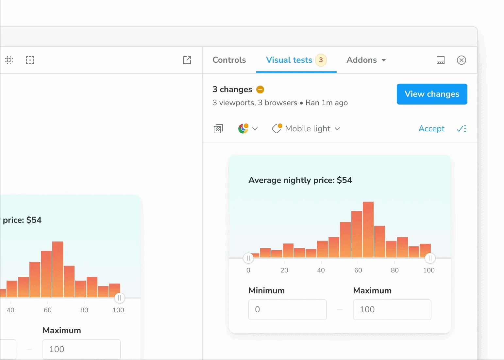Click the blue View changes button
[432, 94]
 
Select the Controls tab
[229, 60]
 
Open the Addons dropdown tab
[366, 60]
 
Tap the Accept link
[431, 129]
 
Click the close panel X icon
[461, 60]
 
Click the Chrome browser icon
[243, 129]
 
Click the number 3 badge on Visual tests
[321, 60]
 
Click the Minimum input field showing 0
[287, 310]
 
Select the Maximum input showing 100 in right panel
[392, 310]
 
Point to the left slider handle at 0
[248, 258]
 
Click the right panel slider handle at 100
[430, 258]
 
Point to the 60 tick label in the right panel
[358, 270]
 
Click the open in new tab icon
[187, 60]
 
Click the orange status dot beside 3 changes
[260, 90]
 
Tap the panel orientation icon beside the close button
[441, 60]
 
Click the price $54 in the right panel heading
[344, 180]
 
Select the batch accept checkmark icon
[462, 129]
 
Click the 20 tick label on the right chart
[284, 270]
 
